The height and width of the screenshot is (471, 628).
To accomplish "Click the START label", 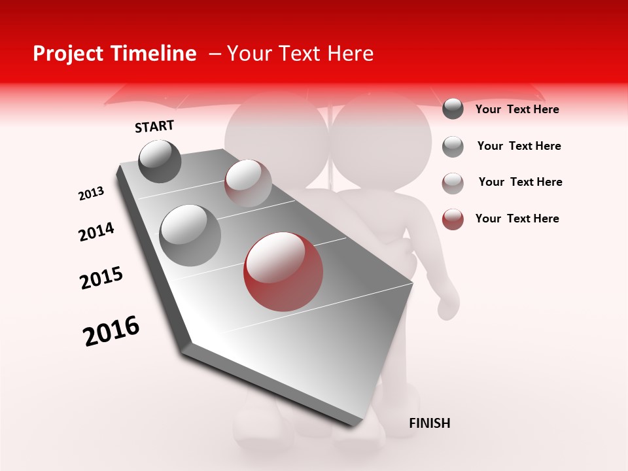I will pos(154,126).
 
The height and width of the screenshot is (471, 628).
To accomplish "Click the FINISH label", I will pos(429,423).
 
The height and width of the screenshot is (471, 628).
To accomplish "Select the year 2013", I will pos(92,194).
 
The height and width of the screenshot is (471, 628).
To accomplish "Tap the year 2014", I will pos(96,232).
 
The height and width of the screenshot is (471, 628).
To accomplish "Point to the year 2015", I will pos(101,278).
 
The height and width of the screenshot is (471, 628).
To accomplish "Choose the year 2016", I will pos(111,330).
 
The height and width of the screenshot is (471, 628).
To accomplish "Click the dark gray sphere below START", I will pos(160,161).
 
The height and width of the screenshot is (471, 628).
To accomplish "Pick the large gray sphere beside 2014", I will pos(190,235).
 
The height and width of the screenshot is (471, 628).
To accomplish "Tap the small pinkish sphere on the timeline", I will pos(248,183).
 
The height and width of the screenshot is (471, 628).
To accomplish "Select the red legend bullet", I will pos(453,219).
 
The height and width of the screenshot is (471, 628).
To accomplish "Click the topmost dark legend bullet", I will pos(453,109).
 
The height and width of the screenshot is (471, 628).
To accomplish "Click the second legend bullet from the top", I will pos(453,147).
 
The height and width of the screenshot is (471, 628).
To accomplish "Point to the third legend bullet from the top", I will pos(453,183).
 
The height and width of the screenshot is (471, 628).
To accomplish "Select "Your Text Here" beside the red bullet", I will pos(517,218).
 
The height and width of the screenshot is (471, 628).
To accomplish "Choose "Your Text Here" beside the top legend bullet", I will pos(517,109).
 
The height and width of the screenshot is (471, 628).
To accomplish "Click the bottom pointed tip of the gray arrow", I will pos(354,425).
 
